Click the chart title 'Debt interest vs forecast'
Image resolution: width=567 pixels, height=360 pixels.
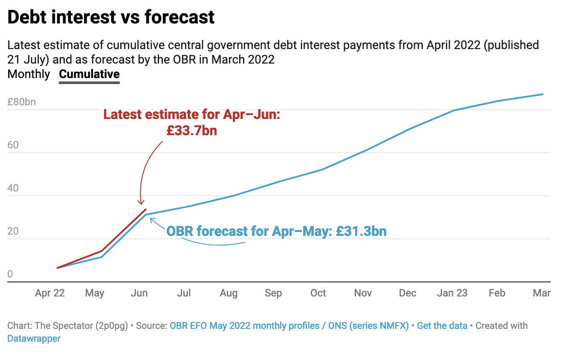111,17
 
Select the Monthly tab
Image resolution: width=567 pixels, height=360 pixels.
29,74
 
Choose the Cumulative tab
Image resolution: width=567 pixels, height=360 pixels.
89,74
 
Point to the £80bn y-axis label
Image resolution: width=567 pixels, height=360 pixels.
22,102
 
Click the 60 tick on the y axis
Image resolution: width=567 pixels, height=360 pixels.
13,145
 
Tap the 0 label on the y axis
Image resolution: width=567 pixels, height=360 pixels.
10,274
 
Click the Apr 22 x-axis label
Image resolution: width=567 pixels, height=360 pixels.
50,293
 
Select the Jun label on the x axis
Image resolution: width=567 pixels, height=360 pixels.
139,293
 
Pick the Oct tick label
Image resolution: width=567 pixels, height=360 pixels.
318,293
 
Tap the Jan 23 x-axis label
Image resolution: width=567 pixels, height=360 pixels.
452,293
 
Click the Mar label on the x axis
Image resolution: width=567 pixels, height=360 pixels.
542,293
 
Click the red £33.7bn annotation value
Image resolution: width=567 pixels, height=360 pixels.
191,130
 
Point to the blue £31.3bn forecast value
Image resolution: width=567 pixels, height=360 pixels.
361,231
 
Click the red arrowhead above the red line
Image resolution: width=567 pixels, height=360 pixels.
142,203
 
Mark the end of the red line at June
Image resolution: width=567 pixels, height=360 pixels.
146,209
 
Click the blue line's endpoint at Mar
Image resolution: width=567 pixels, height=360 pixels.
543,94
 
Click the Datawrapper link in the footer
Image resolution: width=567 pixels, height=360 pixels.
34,339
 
